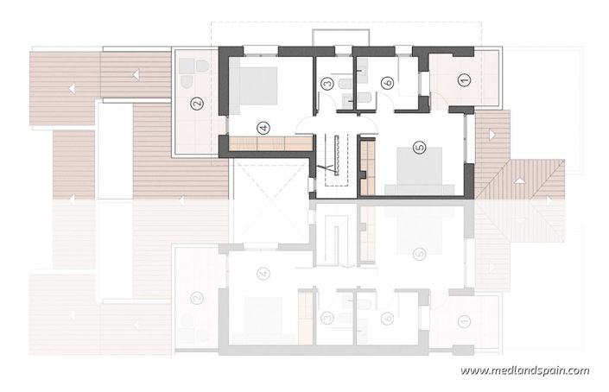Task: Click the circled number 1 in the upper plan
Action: [464, 80]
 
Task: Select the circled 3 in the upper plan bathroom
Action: [327, 84]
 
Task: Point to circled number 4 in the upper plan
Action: [264, 128]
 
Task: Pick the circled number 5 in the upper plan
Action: [420, 148]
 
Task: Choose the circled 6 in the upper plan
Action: [388, 83]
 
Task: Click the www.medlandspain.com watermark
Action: [524, 371]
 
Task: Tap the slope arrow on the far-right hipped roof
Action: [517, 180]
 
